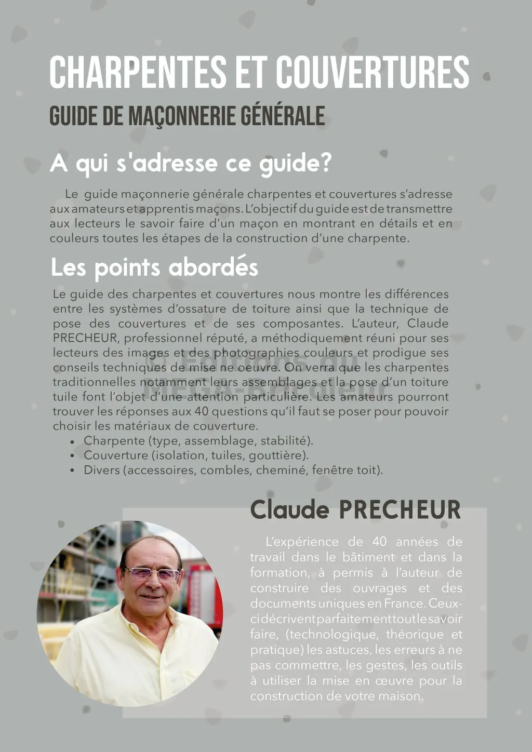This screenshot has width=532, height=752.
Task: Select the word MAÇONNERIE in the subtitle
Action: pos(177,116)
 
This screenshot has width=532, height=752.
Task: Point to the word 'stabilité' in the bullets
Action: pos(286,441)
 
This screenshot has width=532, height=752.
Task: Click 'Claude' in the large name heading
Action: pos(289,509)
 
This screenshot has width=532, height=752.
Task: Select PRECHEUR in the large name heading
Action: pos(400,509)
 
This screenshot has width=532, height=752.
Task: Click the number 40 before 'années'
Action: pos(380,542)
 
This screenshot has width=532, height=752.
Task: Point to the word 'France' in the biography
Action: pos(405,603)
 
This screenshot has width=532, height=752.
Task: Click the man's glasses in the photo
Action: pos(153,574)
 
